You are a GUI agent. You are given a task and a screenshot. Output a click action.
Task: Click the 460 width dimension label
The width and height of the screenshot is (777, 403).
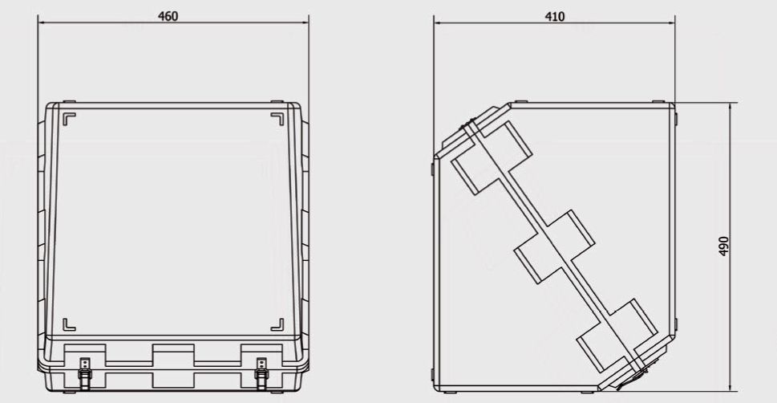[168, 16]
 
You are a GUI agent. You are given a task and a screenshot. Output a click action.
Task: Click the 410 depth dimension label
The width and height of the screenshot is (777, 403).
[555, 17]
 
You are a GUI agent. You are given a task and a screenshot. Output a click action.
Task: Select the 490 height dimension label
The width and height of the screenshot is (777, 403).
[723, 246]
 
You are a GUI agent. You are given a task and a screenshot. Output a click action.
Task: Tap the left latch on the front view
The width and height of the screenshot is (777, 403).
[85, 372]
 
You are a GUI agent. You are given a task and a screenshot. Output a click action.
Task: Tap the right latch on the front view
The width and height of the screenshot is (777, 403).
[261, 372]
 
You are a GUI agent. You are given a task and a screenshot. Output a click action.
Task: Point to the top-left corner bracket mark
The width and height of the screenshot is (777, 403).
[69, 119]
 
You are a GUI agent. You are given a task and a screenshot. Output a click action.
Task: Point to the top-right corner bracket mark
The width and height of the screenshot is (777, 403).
[277, 119]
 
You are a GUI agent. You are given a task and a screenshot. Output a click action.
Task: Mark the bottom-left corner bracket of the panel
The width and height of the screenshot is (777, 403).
[69, 324]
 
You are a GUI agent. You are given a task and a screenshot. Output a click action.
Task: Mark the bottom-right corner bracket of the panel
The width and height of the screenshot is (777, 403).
[277, 324]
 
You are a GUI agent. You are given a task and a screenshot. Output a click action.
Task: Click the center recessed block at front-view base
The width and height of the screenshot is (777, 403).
[173, 366]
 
